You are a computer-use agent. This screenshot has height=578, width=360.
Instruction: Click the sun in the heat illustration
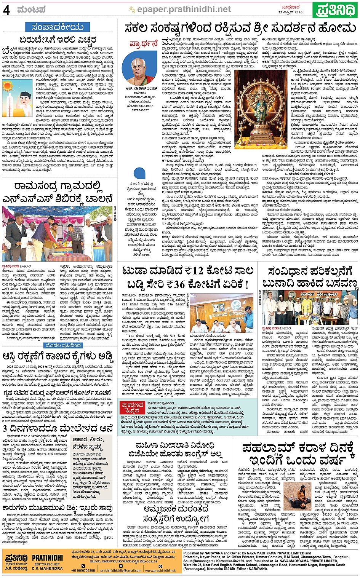[x=7, y=86]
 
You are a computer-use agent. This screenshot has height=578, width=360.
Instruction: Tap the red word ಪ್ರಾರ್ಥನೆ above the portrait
[x=144, y=43]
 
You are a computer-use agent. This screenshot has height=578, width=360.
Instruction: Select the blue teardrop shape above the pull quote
[x=139, y=173]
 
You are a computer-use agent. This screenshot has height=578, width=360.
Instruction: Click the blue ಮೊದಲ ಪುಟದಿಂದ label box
[x=63, y=346]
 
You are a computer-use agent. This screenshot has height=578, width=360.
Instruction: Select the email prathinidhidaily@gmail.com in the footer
[x=121, y=570]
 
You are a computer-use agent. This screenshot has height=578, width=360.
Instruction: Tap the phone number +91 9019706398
[x=83, y=570]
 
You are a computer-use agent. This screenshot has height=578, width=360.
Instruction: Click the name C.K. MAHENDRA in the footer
[x=47, y=568]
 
